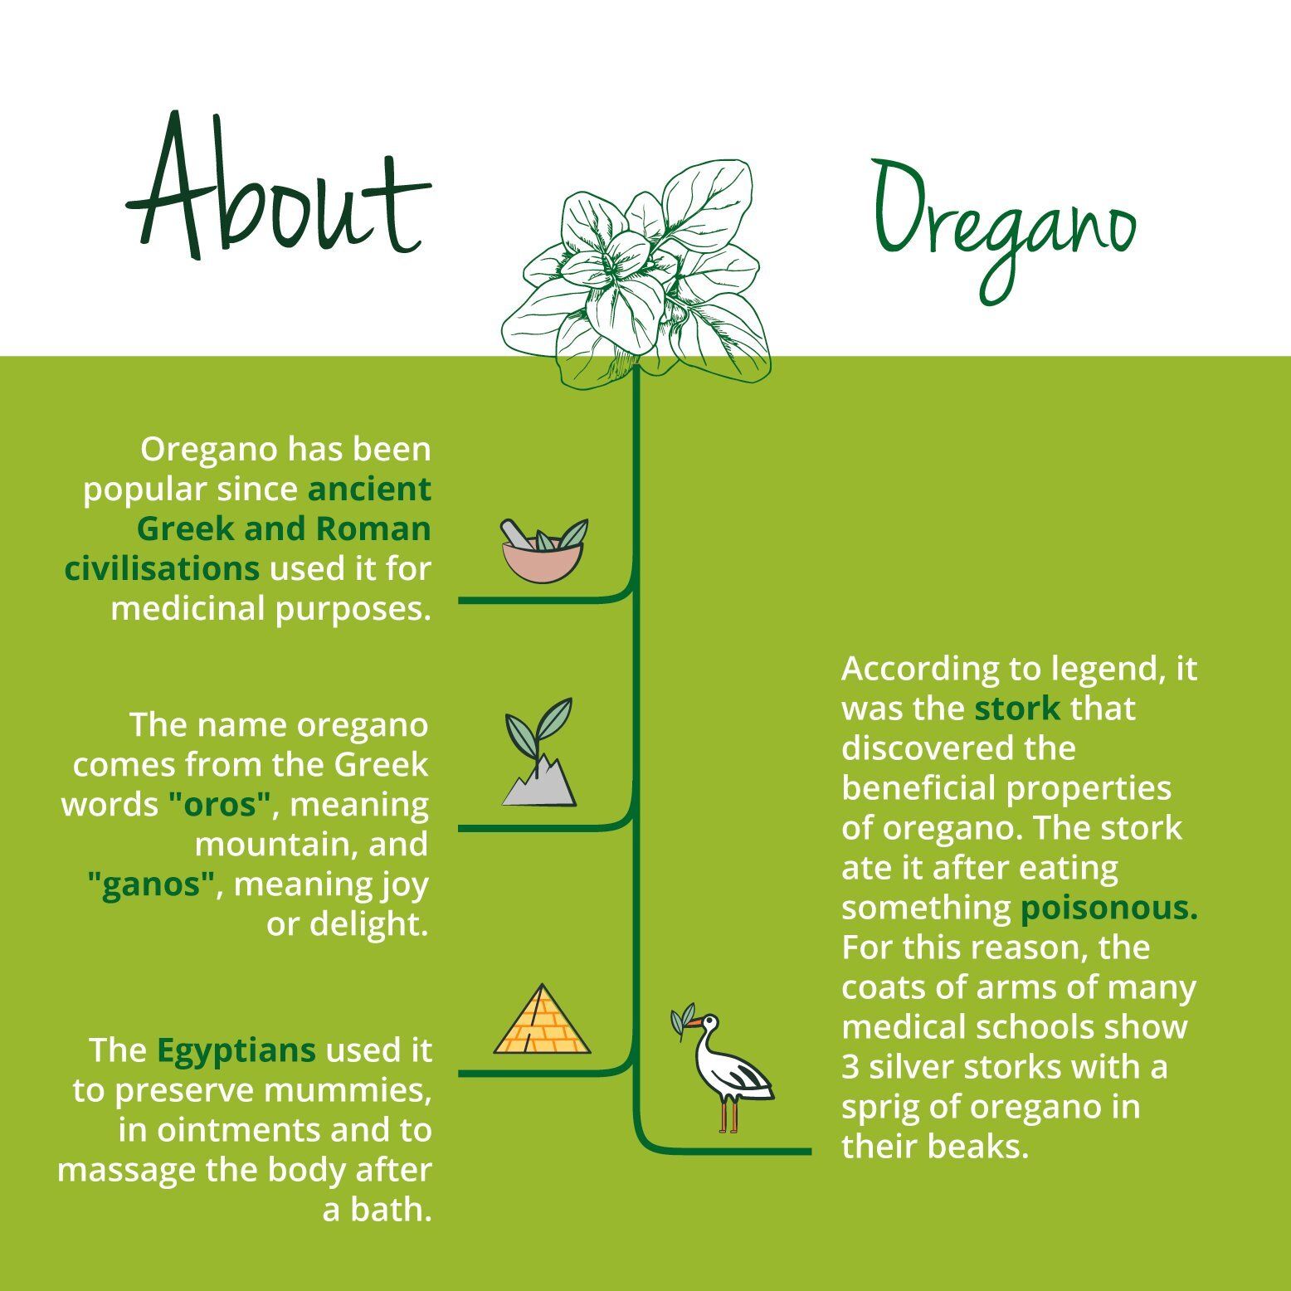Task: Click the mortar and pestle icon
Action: pyautogui.click(x=544, y=550)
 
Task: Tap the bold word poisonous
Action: pyautogui.click(x=1109, y=908)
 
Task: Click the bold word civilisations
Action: pyautogui.click(x=162, y=568)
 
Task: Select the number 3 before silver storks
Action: pyautogui.click(x=850, y=1066)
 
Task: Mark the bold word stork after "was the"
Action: pyautogui.click(x=1017, y=709)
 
